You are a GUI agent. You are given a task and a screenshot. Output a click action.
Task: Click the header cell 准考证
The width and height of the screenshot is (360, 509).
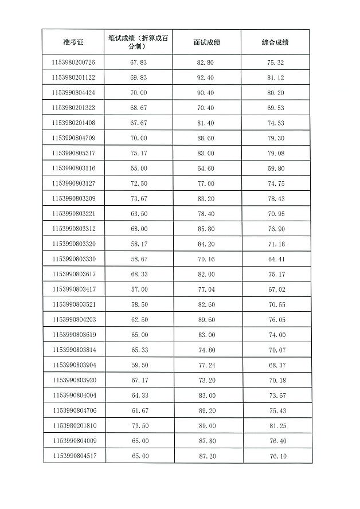click(73, 42)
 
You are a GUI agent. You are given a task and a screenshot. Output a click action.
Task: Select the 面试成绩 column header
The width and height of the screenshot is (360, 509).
click(206, 42)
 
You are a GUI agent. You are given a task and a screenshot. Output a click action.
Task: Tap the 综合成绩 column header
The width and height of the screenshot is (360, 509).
click(275, 42)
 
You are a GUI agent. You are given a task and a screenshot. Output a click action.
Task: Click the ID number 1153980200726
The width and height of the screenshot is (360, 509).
click(73, 62)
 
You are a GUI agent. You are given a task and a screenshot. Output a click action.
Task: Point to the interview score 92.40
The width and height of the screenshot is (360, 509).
click(206, 77)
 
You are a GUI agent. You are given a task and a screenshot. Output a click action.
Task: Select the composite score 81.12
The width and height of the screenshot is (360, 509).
click(275, 77)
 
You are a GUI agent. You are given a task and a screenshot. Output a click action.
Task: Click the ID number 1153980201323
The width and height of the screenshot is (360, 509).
click(73, 108)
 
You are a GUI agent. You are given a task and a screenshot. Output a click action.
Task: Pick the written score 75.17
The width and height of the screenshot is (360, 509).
click(139, 153)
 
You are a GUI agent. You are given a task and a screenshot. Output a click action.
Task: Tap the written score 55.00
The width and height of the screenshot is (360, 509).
click(139, 168)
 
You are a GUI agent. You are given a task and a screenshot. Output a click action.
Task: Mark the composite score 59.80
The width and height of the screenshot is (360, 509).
click(276, 168)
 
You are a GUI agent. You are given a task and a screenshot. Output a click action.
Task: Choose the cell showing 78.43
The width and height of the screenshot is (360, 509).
click(276, 198)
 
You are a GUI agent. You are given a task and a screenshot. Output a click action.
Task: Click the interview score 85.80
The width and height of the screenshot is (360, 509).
click(206, 229)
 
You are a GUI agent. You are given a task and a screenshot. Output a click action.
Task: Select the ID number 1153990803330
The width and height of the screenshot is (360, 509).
click(73, 259)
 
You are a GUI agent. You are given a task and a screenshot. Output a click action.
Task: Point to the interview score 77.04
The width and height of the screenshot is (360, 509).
click(206, 289)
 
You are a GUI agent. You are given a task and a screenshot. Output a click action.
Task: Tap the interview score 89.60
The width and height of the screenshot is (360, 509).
click(206, 320)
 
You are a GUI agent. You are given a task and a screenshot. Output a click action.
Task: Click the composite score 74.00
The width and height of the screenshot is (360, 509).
click(276, 335)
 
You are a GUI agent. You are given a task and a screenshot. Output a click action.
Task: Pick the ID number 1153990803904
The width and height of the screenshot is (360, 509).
click(73, 365)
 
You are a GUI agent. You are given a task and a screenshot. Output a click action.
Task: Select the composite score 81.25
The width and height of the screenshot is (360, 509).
click(276, 426)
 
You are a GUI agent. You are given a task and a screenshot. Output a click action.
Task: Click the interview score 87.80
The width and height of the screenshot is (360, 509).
click(206, 441)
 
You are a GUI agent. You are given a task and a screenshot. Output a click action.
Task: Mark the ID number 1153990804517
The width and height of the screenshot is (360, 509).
click(73, 456)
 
